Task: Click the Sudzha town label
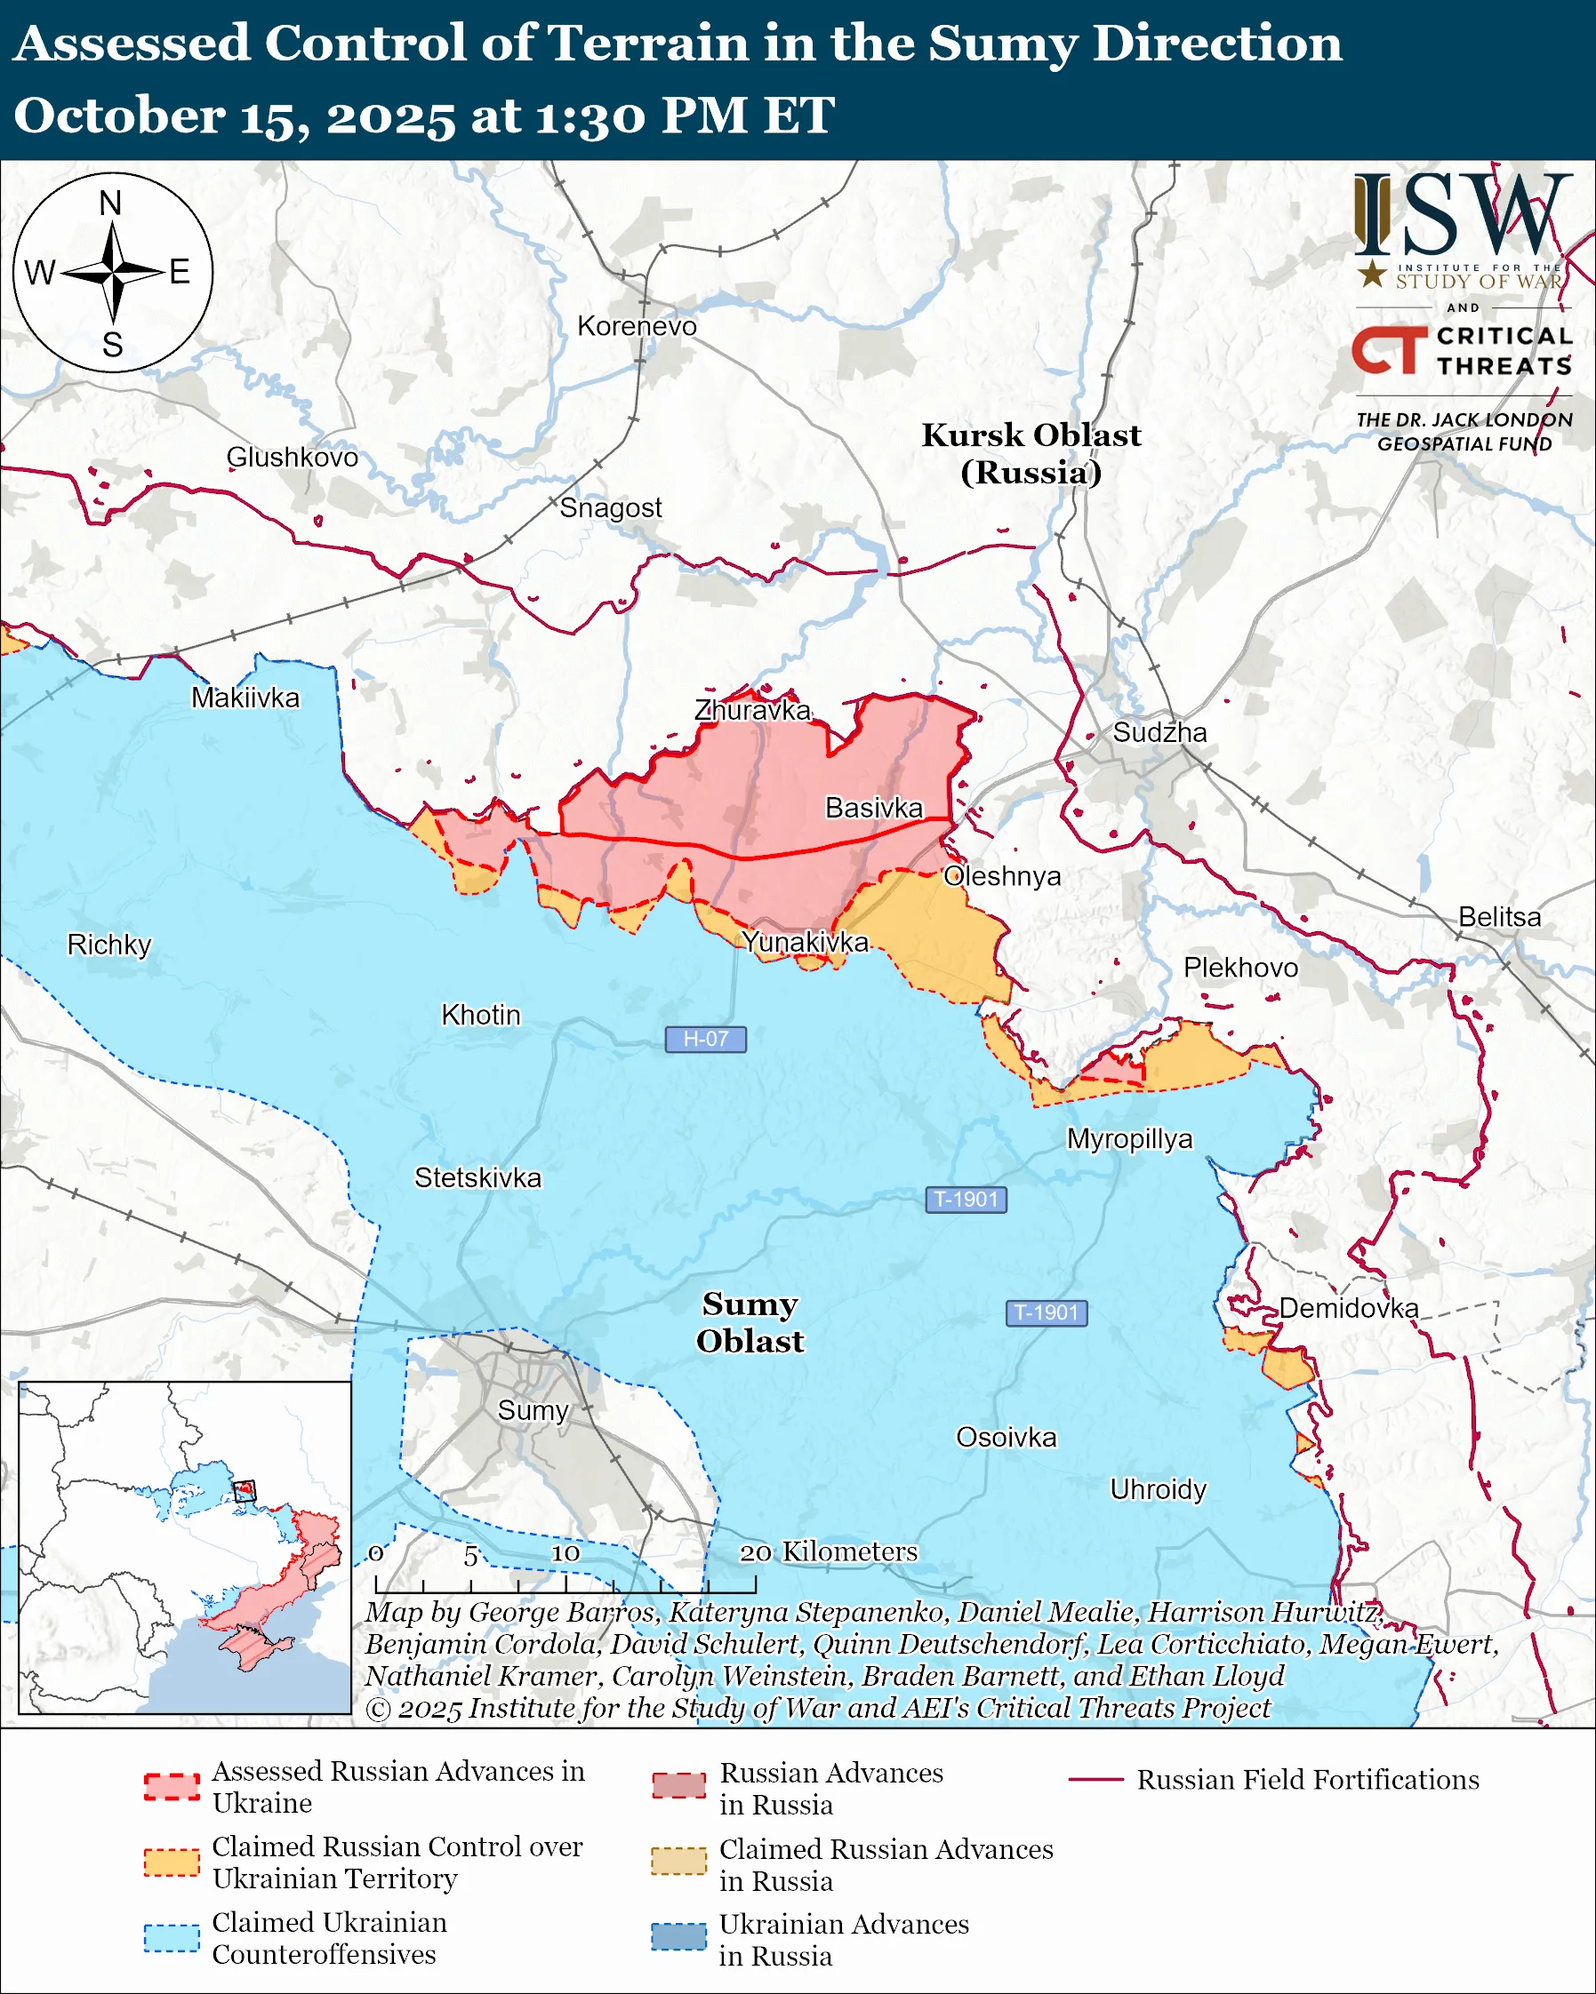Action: [x=1159, y=732]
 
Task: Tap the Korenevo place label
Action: [x=637, y=325]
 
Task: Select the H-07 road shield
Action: [x=705, y=1039]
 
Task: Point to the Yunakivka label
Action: [x=806, y=942]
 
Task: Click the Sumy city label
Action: [x=532, y=1410]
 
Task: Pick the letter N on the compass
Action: [x=111, y=203]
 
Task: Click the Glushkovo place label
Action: [x=292, y=457]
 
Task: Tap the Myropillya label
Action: [x=1130, y=1138]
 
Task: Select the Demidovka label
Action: [x=1348, y=1308]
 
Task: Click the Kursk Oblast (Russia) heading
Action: [x=1031, y=453]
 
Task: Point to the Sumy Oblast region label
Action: [x=750, y=1321]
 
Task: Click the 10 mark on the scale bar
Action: [x=565, y=1553]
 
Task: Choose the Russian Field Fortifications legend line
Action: [x=1095, y=1780]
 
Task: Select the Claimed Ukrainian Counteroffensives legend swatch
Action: [x=172, y=1938]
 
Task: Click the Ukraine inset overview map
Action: [x=185, y=1546]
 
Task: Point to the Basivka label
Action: [x=873, y=808]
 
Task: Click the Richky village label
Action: [x=109, y=945]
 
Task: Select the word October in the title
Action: [x=118, y=116]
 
